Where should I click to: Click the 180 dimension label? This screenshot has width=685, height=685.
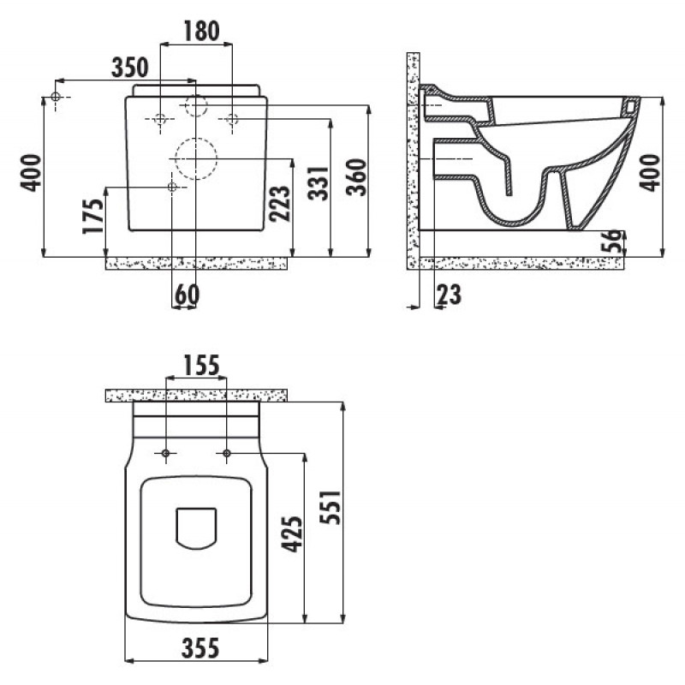[x=201, y=31]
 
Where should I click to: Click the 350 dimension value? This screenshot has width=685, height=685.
[x=130, y=68]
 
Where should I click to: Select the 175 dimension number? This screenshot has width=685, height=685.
[x=93, y=217]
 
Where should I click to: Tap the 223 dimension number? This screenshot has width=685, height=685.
[x=280, y=204]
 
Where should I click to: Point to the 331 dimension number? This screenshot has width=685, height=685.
[x=318, y=183]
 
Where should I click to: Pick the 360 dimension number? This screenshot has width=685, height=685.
[x=356, y=177]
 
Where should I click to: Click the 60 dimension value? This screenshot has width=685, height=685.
[x=187, y=295]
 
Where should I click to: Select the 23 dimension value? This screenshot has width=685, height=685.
[x=449, y=295]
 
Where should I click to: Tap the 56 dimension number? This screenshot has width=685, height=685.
[x=611, y=241]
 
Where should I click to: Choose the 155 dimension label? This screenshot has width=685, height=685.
[x=201, y=366]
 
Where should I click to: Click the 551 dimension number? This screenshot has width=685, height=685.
[x=331, y=507]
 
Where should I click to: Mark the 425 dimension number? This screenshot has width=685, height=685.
[x=292, y=533]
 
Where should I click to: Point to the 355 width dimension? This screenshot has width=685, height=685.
[x=200, y=647]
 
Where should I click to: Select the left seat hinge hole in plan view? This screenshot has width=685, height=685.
[x=165, y=454]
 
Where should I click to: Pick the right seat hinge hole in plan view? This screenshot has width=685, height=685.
[x=226, y=454]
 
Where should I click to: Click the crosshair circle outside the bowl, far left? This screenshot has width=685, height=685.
[x=56, y=97]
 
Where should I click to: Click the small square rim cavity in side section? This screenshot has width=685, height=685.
[x=629, y=106]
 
